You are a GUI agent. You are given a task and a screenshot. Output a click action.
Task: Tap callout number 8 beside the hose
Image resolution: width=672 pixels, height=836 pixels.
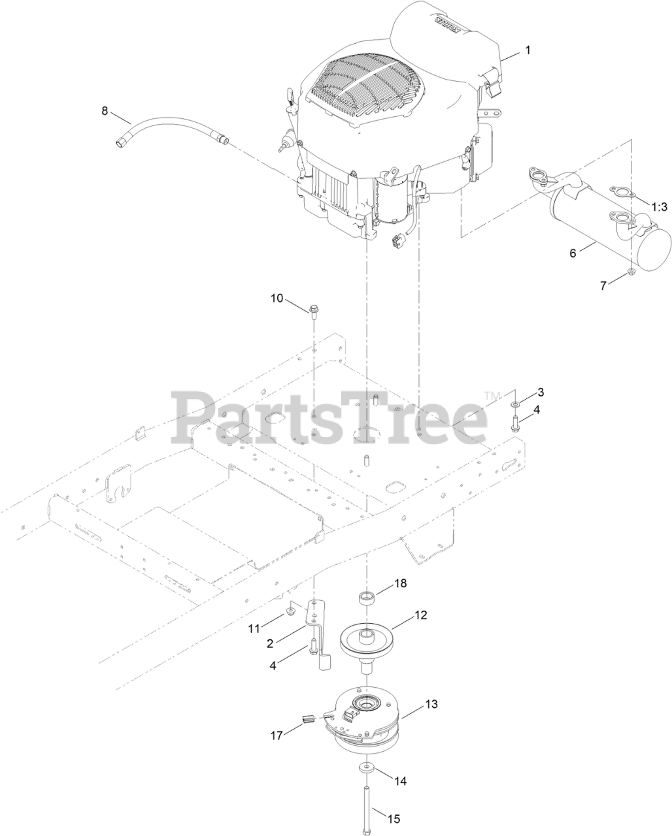105,110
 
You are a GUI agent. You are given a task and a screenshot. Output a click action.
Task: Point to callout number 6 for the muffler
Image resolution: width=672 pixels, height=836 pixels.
573,253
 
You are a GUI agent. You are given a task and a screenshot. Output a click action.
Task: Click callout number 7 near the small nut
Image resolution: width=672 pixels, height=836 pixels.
604,284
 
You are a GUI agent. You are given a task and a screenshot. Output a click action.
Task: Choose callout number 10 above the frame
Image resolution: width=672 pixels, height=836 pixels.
277,298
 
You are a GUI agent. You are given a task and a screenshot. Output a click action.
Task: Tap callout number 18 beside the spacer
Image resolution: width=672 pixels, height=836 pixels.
399,583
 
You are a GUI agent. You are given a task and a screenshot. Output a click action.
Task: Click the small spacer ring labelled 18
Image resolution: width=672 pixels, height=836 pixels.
367,596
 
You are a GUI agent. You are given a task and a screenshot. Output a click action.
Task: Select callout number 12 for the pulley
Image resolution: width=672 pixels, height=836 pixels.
420,615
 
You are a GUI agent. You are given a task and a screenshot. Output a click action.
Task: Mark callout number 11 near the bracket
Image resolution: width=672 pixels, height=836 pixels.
254,628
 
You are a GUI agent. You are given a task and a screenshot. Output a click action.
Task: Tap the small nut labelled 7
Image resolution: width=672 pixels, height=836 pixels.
630,272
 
